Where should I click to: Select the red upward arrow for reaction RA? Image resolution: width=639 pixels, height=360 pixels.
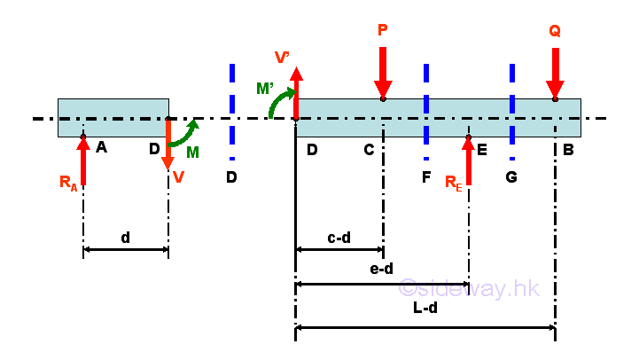pyautogui.click(x=83, y=160)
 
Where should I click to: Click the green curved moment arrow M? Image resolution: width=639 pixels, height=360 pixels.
pyautogui.click(x=187, y=133)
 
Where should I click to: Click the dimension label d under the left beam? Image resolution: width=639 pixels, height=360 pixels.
pyautogui.click(x=125, y=238)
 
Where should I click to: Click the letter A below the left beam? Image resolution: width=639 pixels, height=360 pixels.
pyautogui.click(x=101, y=148)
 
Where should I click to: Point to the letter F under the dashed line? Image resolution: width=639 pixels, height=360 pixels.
pyautogui.click(x=426, y=177)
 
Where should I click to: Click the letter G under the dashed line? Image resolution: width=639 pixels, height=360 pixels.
pyautogui.click(x=511, y=177)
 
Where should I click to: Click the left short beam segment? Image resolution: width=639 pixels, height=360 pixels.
pyautogui.click(x=113, y=117)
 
